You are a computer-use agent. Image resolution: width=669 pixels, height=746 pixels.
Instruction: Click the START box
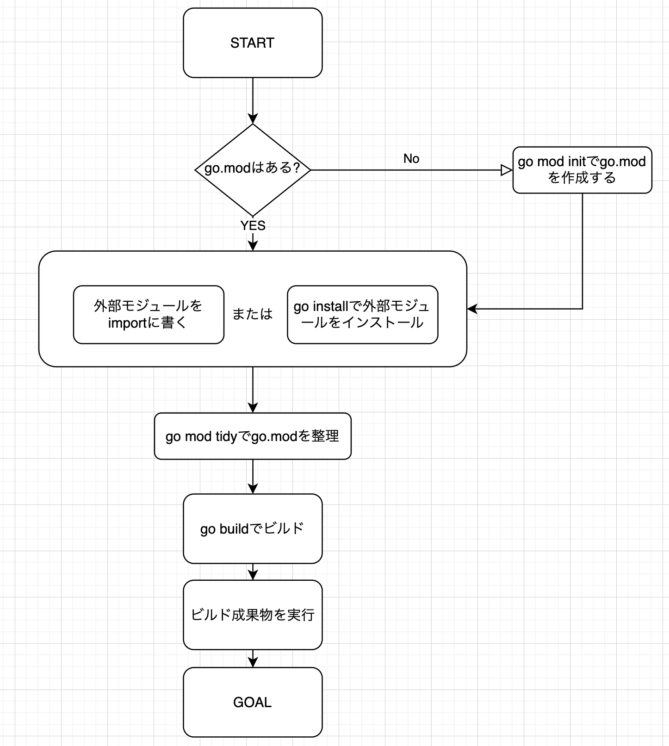point(253,43)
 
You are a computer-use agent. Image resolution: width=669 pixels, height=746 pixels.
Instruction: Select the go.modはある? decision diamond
point(253,169)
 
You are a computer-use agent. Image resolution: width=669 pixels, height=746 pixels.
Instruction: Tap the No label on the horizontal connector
point(411,159)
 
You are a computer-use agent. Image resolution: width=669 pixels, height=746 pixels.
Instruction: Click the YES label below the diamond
point(253,226)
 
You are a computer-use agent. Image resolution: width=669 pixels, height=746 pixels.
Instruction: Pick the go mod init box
point(582,170)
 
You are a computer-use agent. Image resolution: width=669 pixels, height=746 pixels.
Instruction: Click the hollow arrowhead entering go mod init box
point(507,170)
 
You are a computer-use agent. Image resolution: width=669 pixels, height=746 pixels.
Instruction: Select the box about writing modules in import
point(149,314)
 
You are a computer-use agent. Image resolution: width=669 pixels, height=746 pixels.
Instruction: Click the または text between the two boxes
point(253,314)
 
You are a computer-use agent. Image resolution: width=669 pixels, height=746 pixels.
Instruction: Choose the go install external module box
point(362,314)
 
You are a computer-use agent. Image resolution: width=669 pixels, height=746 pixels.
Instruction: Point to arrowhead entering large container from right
point(472,309)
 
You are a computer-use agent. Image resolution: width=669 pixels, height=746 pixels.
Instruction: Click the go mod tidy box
point(253,436)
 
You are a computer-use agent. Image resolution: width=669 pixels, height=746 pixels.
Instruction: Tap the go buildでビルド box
point(253,528)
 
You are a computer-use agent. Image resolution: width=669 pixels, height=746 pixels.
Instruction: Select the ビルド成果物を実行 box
point(253,615)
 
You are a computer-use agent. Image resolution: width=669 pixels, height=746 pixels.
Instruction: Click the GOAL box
point(253,702)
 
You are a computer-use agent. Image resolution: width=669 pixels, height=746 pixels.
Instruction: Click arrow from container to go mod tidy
point(253,389)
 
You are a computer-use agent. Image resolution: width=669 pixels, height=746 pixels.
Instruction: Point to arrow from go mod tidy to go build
point(253,476)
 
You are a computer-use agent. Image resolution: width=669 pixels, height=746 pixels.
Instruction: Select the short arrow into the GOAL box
point(253,659)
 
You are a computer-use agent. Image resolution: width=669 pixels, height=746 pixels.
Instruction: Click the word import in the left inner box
point(127,323)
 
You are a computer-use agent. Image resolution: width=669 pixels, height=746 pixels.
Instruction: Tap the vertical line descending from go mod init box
point(582,250)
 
